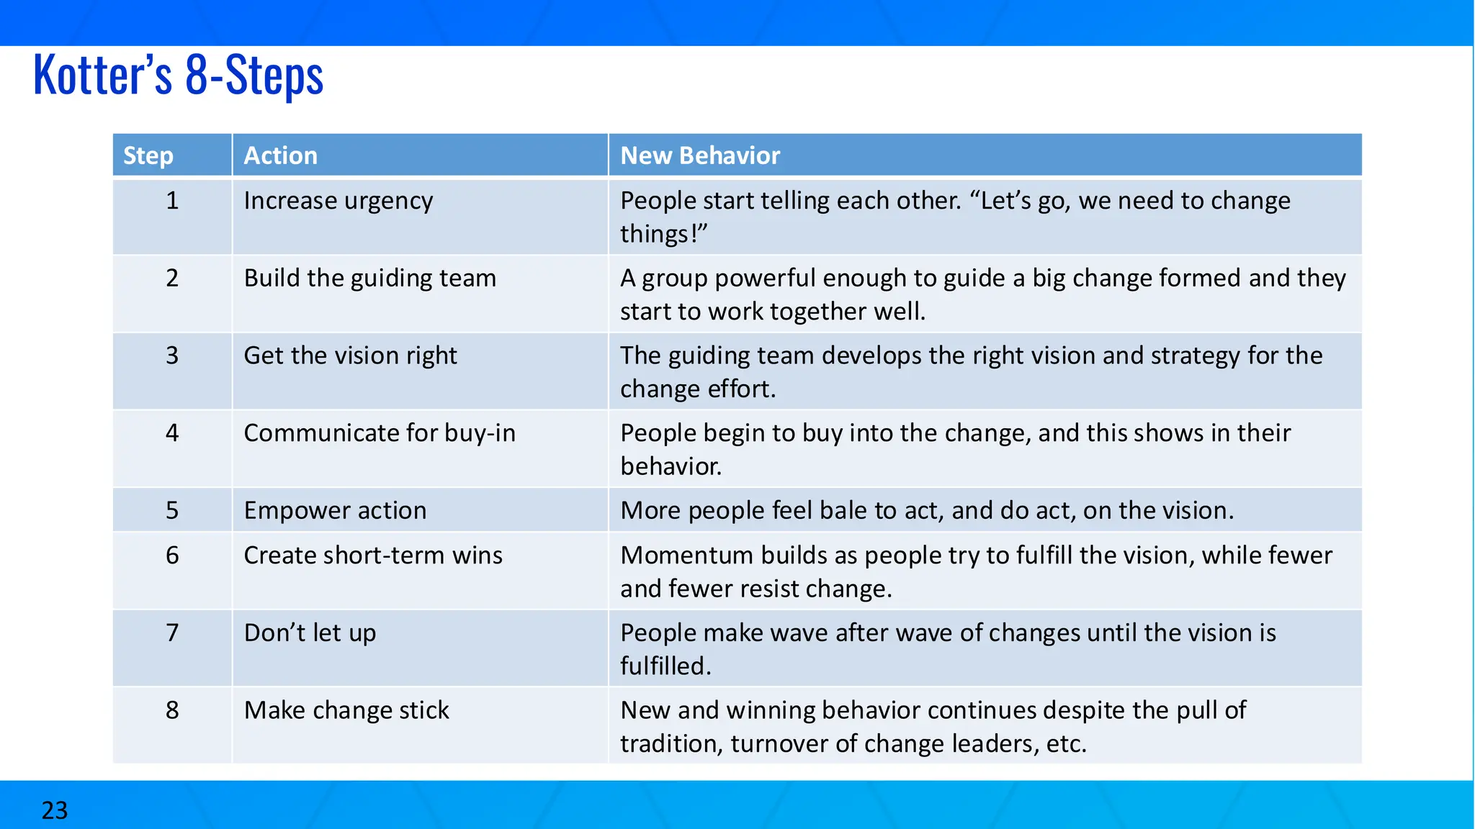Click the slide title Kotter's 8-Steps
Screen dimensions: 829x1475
pos(179,75)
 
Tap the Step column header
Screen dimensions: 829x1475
pos(148,155)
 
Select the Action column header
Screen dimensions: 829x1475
pos(280,155)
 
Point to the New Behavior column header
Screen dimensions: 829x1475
pos(700,155)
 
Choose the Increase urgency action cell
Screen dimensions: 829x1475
pos(339,201)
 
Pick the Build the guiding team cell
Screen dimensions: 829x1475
pos(369,278)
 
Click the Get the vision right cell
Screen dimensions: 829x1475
pos(350,355)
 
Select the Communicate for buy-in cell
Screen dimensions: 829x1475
pos(380,433)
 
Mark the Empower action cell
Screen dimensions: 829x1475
pos(335,510)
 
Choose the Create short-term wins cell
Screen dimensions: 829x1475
pos(373,556)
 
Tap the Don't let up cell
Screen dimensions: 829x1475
pos(310,633)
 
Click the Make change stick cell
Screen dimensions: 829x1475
pos(346,710)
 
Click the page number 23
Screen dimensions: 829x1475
pos(55,810)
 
